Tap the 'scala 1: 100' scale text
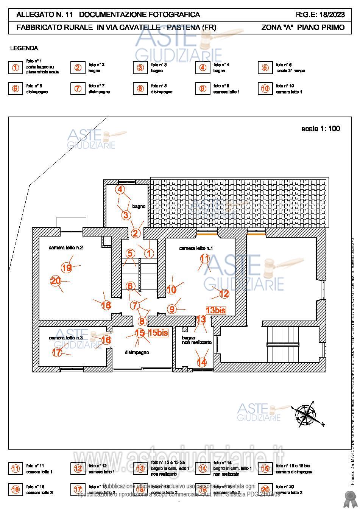[320, 129]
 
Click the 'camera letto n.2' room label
[66, 247]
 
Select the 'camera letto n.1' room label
[196, 248]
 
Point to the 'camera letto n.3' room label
[66, 338]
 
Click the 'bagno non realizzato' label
[196, 340]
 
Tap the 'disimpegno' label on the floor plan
[137, 352]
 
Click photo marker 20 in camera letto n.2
[56, 281]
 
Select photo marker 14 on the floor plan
[202, 362]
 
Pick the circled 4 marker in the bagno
[120, 189]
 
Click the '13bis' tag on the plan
[216, 310]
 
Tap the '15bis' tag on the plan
[158, 333]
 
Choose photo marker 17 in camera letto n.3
[57, 352]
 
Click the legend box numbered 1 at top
[16, 68]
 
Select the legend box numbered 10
[265, 89]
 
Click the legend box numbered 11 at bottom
[16, 469]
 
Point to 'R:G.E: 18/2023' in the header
[320, 15]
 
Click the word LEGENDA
[24, 48]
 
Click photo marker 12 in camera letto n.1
[224, 293]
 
